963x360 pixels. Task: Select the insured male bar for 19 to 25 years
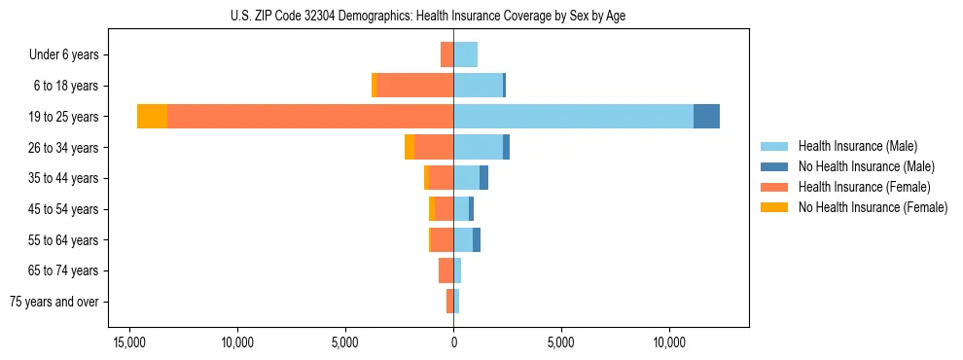coord(573,117)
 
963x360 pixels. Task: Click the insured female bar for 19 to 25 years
coord(310,117)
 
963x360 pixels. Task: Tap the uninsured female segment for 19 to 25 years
coord(152,117)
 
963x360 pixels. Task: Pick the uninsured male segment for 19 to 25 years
coord(706,117)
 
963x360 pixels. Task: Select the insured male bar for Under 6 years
coord(465,54)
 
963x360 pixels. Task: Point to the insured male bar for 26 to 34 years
coord(478,147)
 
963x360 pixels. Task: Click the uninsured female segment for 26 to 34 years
coord(410,147)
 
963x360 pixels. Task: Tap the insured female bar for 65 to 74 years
coord(446,270)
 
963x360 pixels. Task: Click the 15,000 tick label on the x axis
coord(129,342)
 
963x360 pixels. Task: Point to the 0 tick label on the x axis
coord(453,342)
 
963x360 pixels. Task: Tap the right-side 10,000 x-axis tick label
coord(669,342)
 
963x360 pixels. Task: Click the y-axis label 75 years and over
coord(54,302)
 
